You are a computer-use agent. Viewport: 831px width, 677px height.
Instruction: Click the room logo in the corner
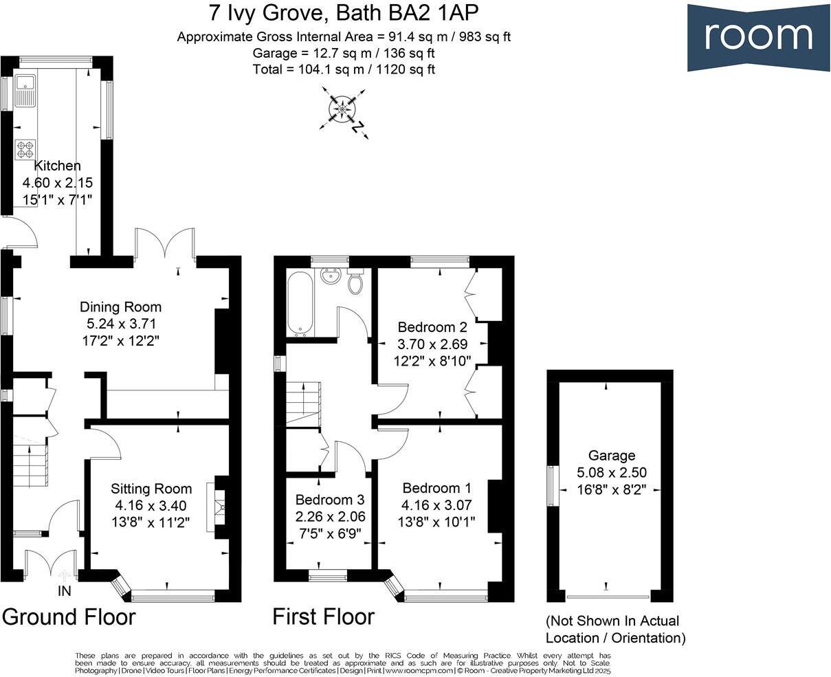[758, 36]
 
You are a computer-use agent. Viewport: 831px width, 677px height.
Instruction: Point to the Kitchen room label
[58, 166]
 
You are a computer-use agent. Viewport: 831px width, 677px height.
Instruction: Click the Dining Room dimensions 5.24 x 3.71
[120, 323]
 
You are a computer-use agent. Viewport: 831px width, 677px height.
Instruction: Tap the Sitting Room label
[151, 489]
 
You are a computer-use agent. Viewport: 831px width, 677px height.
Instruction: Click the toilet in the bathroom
[356, 281]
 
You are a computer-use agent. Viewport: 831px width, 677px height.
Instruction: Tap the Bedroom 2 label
[427, 327]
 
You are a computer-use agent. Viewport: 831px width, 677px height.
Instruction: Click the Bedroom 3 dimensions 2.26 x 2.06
[330, 516]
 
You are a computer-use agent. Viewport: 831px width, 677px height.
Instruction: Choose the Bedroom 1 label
[436, 488]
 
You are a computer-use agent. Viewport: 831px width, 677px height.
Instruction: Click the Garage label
[611, 455]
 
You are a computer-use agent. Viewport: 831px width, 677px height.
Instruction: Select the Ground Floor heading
[69, 617]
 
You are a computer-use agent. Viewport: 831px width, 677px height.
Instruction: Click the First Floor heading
[323, 617]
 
